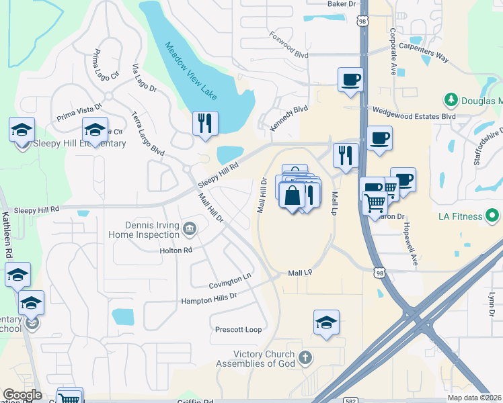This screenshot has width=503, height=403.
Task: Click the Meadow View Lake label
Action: coord(192,73)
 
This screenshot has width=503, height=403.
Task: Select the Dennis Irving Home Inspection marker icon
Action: coord(190,230)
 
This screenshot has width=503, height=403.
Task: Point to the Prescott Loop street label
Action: coord(238,330)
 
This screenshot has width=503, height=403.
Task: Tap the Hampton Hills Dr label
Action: coord(209,298)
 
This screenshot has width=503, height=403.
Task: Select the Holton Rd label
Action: coord(177,250)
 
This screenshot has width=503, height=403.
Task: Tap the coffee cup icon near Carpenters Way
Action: coord(350,79)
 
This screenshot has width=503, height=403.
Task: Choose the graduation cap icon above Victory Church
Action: coord(326,322)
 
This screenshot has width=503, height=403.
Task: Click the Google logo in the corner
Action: coord(22,395)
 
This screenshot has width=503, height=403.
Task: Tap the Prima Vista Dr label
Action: coord(79,110)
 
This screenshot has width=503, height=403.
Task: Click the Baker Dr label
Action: coord(341,4)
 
